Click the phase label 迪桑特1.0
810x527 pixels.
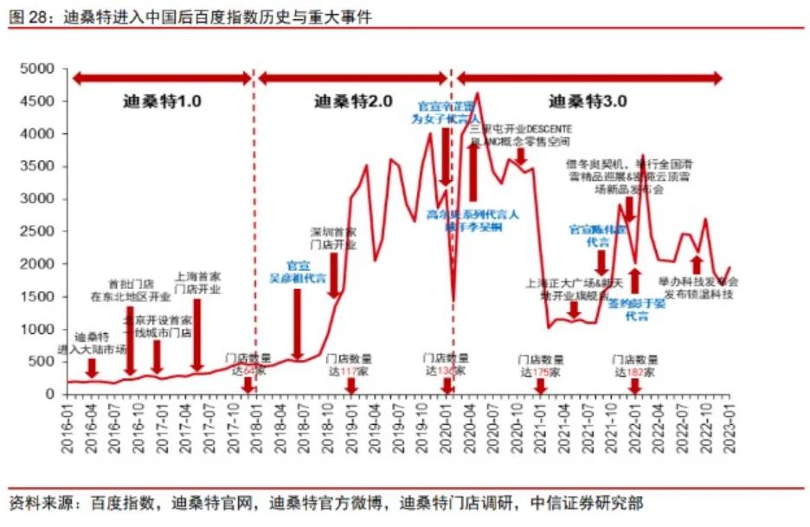(161, 101)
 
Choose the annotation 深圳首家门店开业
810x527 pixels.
(333, 238)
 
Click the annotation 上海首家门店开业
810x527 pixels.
(197, 283)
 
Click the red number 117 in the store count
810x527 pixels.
(350, 371)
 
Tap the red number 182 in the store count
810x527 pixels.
(638, 371)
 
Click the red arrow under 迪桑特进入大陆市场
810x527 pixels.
(92, 367)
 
